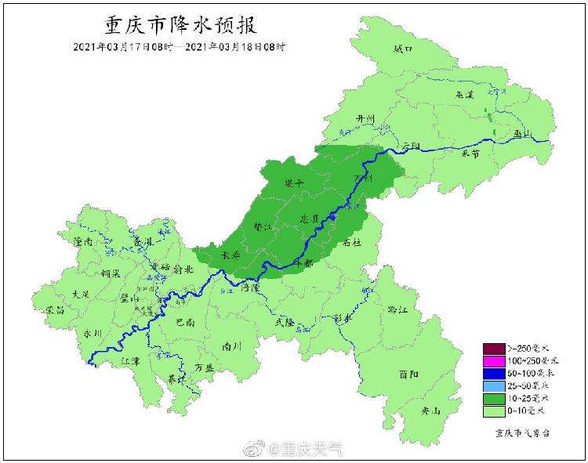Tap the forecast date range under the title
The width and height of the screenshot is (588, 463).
pyautogui.click(x=180, y=46)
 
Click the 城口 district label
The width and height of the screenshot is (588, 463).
pyautogui.click(x=402, y=49)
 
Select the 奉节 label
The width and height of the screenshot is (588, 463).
pyautogui.click(x=470, y=154)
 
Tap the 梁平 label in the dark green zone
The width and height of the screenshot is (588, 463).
pyautogui.click(x=294, y=183)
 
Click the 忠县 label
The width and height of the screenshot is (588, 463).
pyautogui.click(x=310, y=217)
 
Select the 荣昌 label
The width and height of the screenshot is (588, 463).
pyautogui.click(x=56, y=310)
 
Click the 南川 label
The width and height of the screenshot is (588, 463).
pyautogui.click(x=230, y=345)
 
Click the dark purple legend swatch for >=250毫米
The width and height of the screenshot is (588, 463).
pyautogui.click(x=493, y=349)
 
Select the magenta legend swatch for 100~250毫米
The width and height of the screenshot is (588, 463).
pyautogui.click(x=493, y=361)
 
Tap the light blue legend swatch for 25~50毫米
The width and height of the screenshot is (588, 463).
pyautogui.click(x=493, y=386)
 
